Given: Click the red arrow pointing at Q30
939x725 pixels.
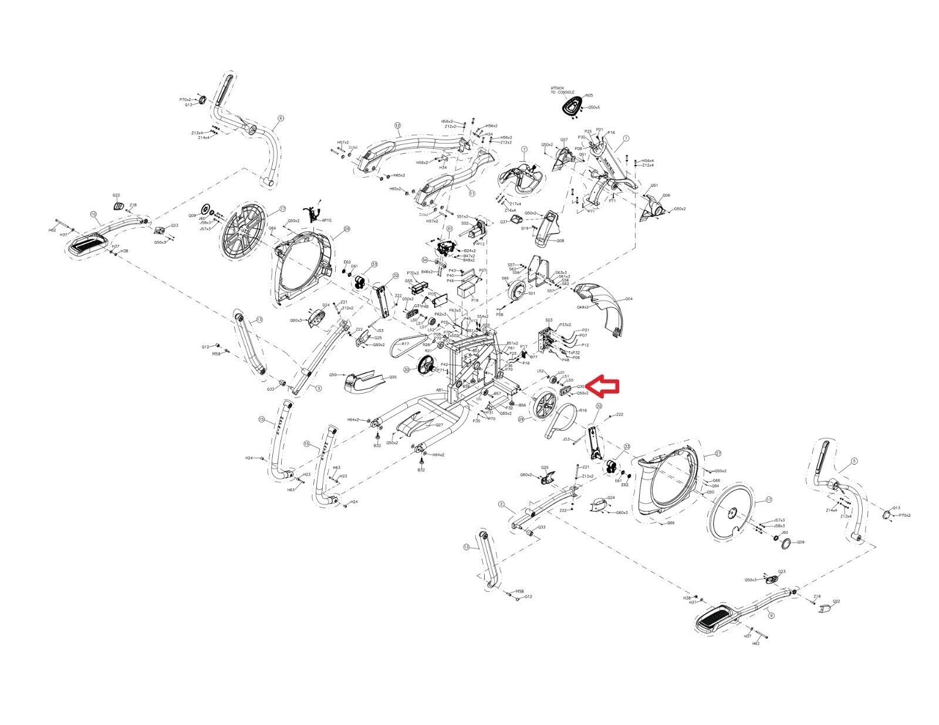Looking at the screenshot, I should click(x=603, y=386).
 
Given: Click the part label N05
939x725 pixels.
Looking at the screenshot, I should click(x=589, y=95).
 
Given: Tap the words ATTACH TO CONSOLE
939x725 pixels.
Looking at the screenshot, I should click(x=557, y=92).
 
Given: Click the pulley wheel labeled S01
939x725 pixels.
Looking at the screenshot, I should click(x=516, y=291).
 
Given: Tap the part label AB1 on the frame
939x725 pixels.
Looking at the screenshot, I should click(x=438, y=389).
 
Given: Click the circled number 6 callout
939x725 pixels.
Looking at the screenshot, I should click(x=281, y=118).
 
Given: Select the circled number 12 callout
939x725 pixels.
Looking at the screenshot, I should click(x=397, y=125).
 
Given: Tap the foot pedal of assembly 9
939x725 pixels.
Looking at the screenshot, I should click(x=715, y=618).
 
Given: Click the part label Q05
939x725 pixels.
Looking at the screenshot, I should click(x=392, y=377).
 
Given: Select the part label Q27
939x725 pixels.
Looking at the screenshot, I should click(x=439, y=426).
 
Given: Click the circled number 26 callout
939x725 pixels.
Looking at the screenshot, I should click(x=346, y=229).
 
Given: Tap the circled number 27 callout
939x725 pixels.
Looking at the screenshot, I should click(x=717, y=454).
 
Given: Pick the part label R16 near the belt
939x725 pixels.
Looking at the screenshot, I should click(x=583, y=411).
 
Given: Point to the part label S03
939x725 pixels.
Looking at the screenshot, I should click(x=549, y=320).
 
